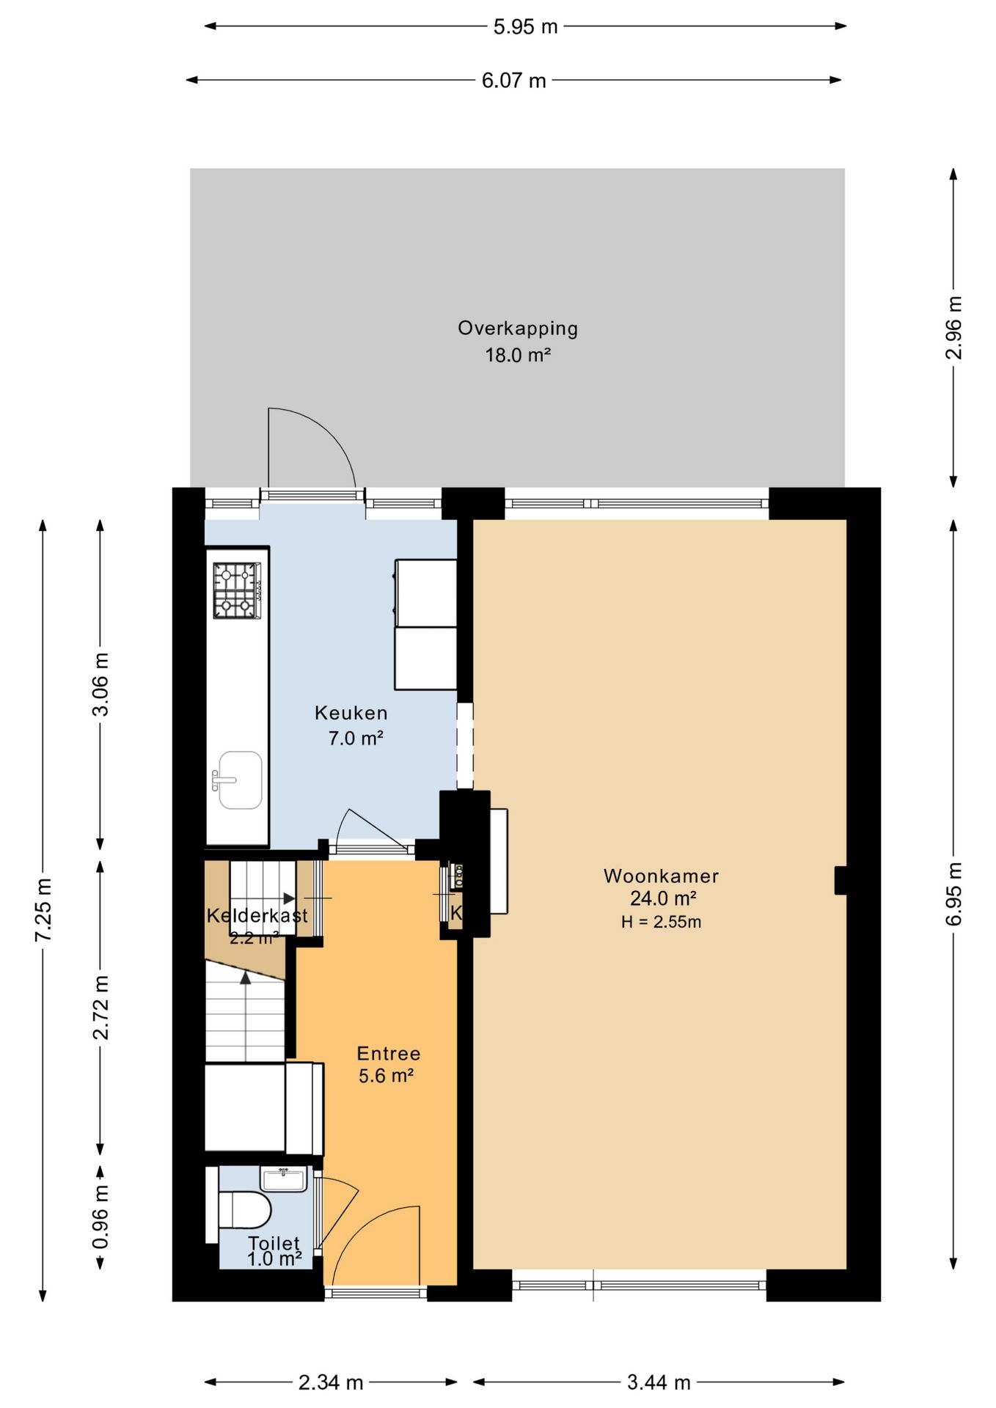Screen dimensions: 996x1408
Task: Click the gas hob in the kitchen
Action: (237, 590)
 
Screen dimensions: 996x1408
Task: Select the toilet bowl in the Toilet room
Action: (245, 1209)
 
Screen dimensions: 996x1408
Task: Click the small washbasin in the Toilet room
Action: (283, 1179)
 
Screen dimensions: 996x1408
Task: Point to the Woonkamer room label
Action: (661, 876)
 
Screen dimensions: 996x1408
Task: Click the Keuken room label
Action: (351, 713)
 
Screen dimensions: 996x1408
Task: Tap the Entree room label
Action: (389, 1054)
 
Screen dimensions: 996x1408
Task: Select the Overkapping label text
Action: (518, 329)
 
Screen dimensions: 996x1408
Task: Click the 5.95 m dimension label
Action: (525, 27)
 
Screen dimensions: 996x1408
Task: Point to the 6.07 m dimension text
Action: (513, 81)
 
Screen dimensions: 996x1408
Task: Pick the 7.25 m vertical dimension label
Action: (43, 909)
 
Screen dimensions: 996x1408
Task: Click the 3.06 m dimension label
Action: (100, 684)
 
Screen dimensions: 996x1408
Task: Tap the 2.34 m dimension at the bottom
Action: (331, 1383)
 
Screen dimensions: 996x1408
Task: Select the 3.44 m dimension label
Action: (659, 1383)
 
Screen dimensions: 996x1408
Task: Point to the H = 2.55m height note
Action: (661, 923)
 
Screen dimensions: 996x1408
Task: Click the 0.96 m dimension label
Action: (100, 1217)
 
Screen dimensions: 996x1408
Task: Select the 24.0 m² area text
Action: (663, 898)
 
